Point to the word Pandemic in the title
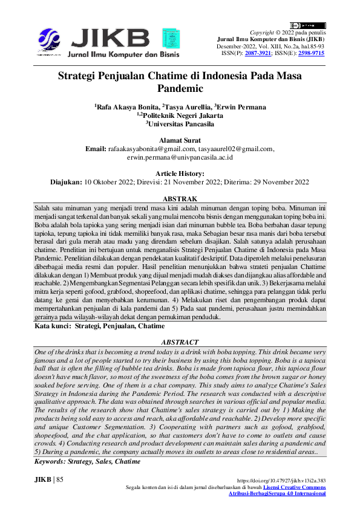[x=180, y=88]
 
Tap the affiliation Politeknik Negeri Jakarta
[x=182, y=115]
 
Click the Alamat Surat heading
[x=180, y=140]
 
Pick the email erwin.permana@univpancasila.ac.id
[x=180, y=157]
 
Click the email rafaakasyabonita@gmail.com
[x=152, y=149]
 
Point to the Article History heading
[x=180, y=173]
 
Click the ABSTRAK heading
[x=180, y=198]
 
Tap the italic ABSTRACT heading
[x=180, y=342]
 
